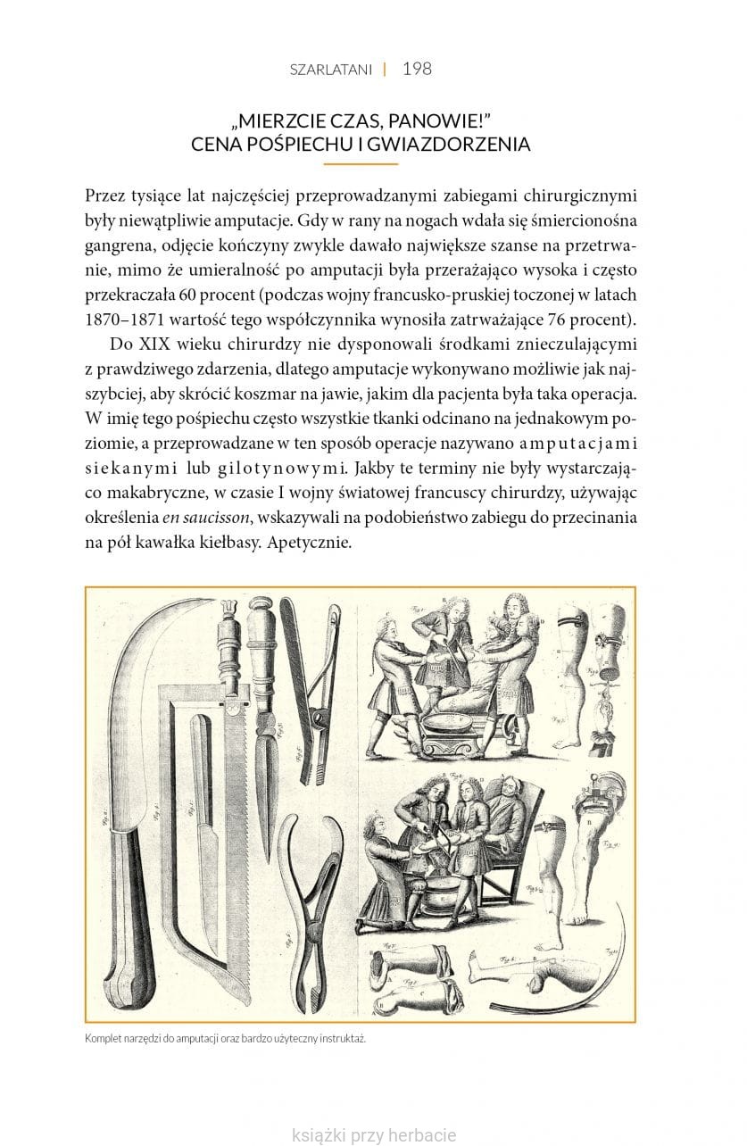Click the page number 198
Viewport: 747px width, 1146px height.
(417, 69)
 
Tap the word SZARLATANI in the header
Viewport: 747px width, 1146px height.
(330, 70)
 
